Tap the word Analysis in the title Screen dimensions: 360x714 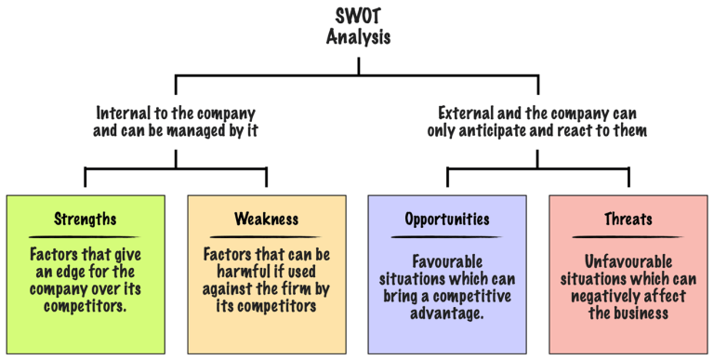click(x=358, y=38)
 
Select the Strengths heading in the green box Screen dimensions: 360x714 click(x=86, y=220)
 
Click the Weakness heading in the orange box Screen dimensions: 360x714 click(x=266, y=220)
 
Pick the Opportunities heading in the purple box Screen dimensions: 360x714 click(x=447, y=220)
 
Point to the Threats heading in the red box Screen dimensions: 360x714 click(x=628, y=220)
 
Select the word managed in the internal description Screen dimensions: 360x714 click(x=205, y=131)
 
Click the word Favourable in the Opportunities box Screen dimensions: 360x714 click(x=447, y=262)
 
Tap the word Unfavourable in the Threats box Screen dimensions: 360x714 click(x=628, y=262)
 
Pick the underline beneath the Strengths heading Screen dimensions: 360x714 click(x=86, y=236)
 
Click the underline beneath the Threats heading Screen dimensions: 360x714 click(x=628, y=236)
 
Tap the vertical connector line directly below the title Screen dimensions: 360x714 click(x=359, y=65)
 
